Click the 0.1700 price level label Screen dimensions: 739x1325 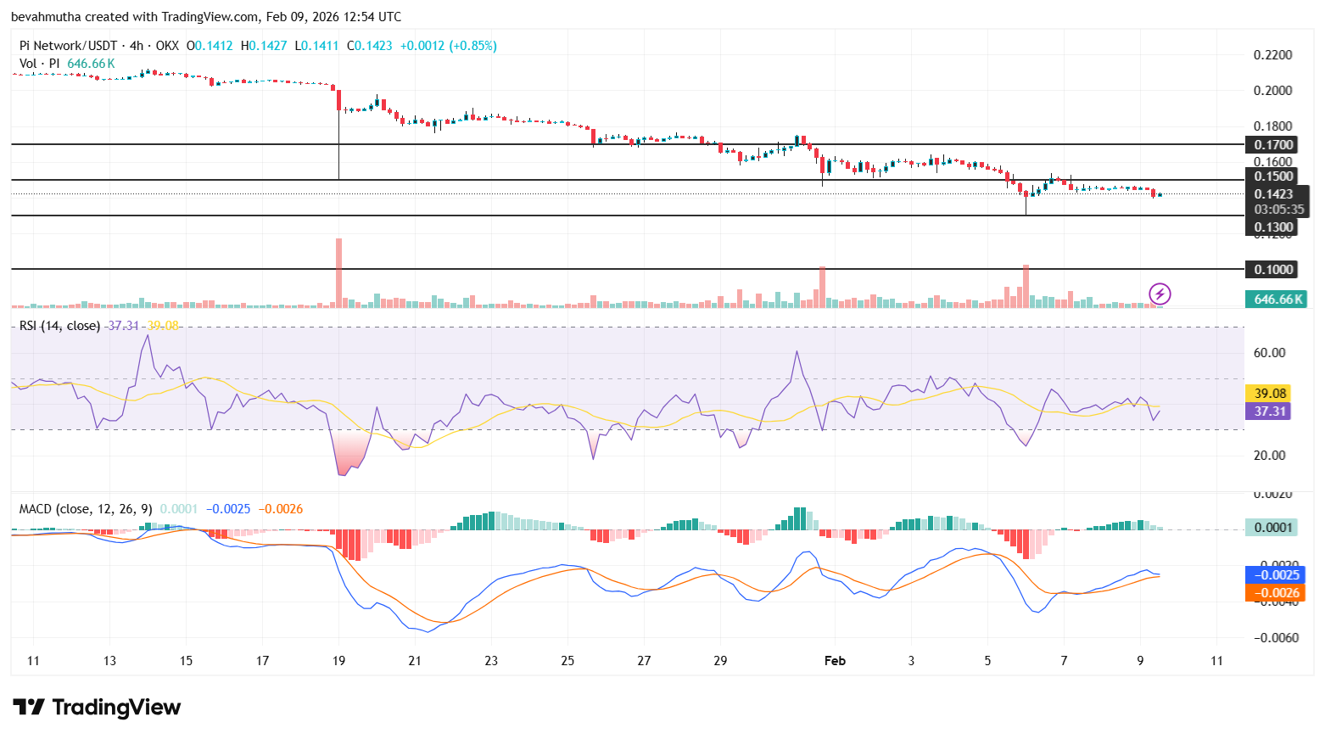(1273, 145)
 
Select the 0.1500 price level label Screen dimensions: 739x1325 (1273, 176)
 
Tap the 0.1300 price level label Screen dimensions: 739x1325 (1273, 227)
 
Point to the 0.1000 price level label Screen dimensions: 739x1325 (1273, 270)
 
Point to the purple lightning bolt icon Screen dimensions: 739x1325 (1160, 294)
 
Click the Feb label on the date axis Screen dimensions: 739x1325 (835, 660)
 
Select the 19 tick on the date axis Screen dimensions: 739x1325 (338, 660)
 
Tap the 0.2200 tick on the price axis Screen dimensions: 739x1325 (1272, 55)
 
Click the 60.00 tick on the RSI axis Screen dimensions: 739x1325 (1269, 353)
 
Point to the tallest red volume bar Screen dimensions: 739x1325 (339, 272)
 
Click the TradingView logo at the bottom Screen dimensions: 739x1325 (97, 707)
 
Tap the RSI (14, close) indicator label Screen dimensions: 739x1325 (59, 326)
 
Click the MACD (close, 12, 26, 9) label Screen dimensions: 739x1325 (86, 509)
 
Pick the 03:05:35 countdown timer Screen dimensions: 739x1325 (1278, 210)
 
